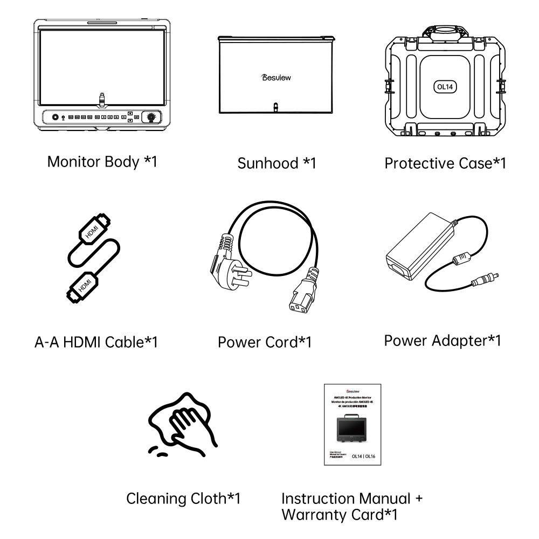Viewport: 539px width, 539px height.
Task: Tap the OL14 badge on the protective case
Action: click(x=445, y=86)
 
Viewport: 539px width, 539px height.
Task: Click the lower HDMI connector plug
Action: click(x=81, y=286)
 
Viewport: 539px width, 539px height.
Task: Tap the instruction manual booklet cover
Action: click(x=351, y=424)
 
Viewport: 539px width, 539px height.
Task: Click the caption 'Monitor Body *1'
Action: click(x=102, y=162)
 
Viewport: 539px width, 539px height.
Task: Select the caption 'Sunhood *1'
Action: click(x=277, y=163)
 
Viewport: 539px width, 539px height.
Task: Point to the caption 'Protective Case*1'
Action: click(x=445, y=163)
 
